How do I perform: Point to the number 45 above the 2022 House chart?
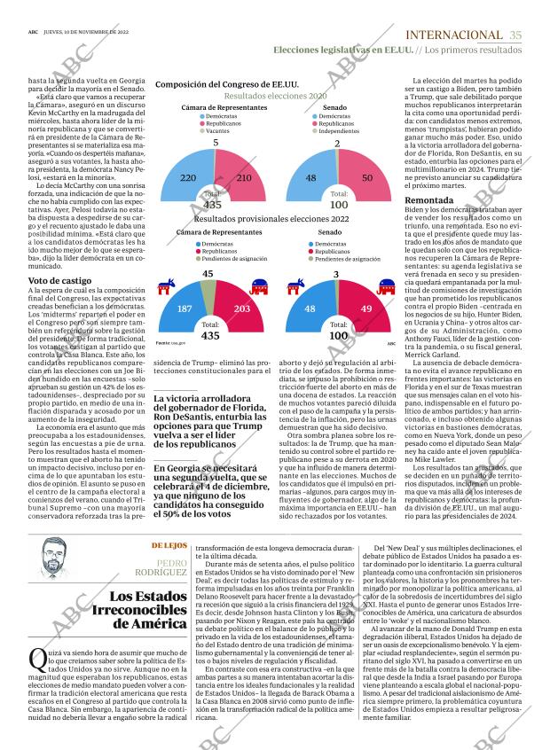point(208,274)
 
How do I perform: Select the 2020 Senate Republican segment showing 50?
point(366,177)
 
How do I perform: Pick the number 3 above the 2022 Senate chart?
point(336,274)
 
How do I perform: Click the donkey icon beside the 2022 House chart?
point(166,287)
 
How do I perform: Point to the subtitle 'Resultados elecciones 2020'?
point(275,96)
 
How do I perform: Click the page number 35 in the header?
point(517,35)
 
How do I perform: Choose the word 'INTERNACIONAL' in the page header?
point(453,35)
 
